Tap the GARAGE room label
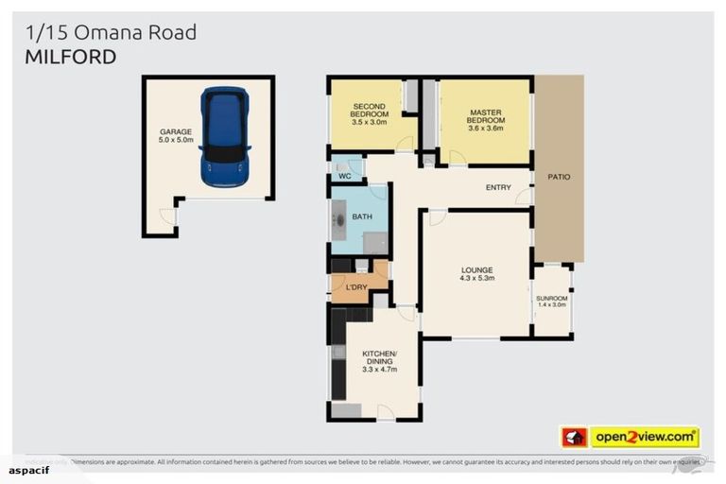point(176,132)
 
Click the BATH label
point(361,216)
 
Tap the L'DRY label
point(356,286)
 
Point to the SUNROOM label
point(551,298)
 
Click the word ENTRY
point(498,187)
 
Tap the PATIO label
point(559,176)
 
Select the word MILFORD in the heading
point(70,57)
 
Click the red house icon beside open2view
point(574,438)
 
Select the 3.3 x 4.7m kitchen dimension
point(380,369)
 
